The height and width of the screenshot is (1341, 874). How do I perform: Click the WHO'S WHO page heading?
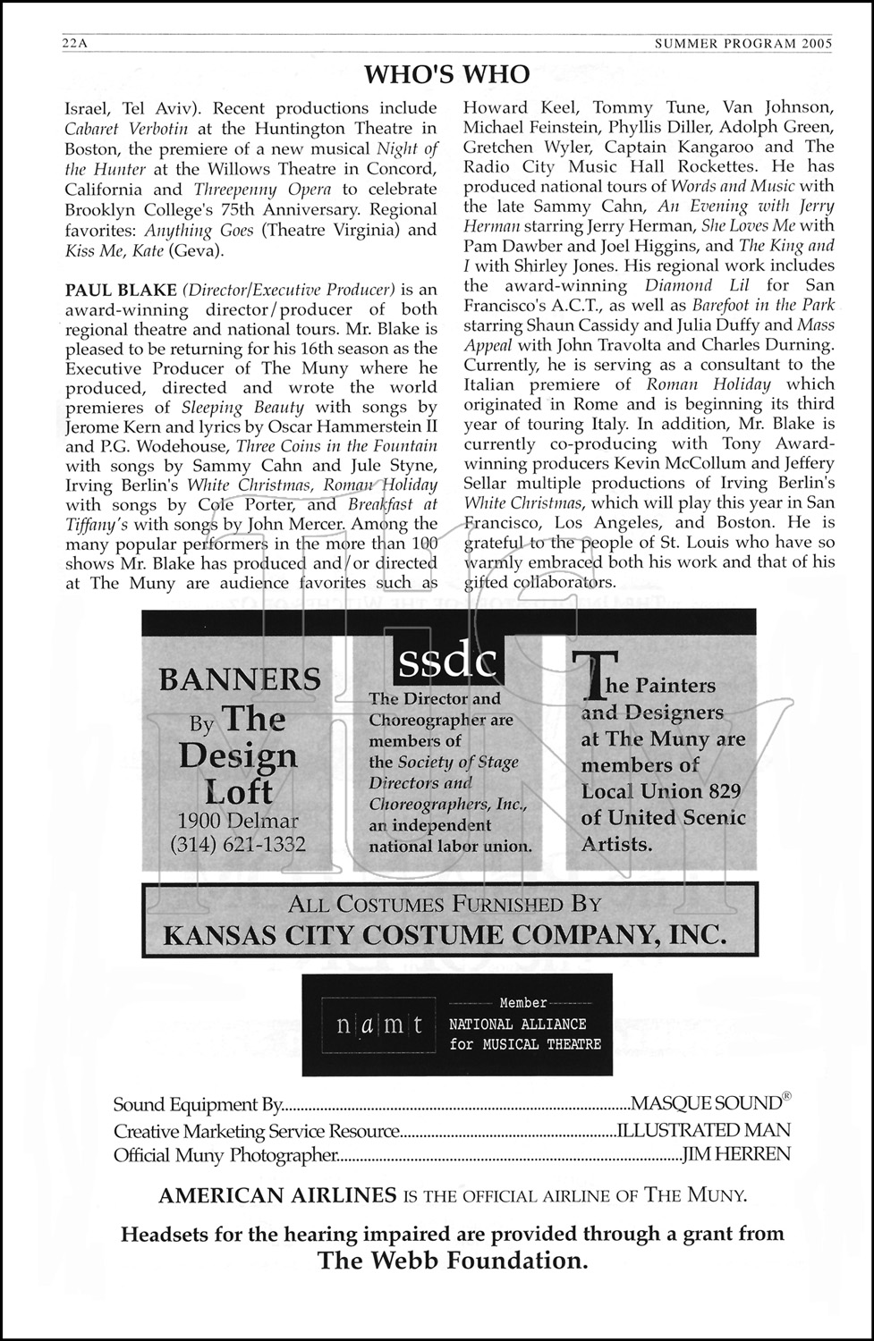[x=447, y=73]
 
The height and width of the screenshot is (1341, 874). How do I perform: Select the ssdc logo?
[x=447, y=662]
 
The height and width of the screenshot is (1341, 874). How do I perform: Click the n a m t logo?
[x=379, y=1025]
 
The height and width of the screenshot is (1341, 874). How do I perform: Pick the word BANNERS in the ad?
[x=240, y=679]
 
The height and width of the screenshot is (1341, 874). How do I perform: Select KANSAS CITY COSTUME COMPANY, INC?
[x=444, y=935]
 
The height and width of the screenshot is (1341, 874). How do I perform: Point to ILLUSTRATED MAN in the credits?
[x=704, y=1131]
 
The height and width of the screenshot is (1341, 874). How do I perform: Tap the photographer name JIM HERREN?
[x=736, y=1155]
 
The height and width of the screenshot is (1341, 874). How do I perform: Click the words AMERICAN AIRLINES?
[x=277, y=1195]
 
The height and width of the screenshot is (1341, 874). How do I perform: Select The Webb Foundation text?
[x=453, y=1261]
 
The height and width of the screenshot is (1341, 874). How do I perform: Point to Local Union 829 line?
[x=661, y=791]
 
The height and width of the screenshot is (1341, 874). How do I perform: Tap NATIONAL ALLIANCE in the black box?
[x=518, y=1025]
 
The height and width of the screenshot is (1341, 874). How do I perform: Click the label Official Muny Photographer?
[x=225, y=1155]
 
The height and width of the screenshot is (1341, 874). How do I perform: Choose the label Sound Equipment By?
[x=198, y=1106]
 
